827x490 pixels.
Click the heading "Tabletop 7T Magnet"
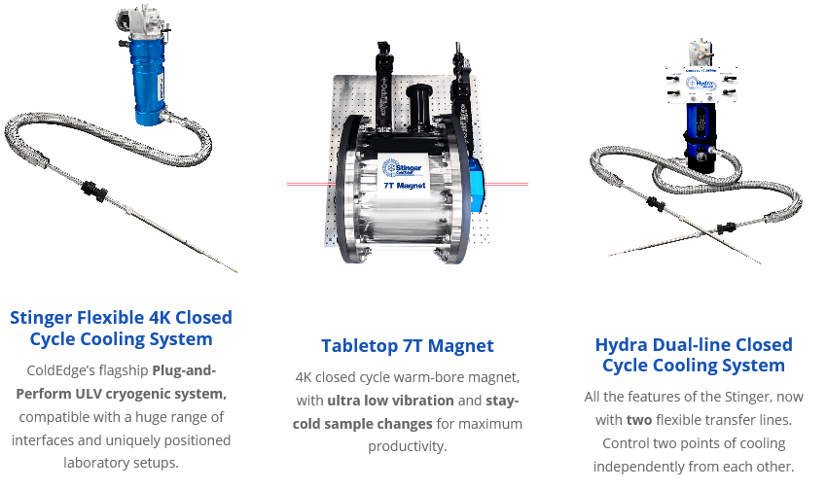[408, 346]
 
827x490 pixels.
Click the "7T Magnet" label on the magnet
[404, 184]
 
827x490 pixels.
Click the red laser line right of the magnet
[507, 183]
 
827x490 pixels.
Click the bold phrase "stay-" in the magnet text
[501, 401]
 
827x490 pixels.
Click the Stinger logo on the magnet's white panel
[398, 164]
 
